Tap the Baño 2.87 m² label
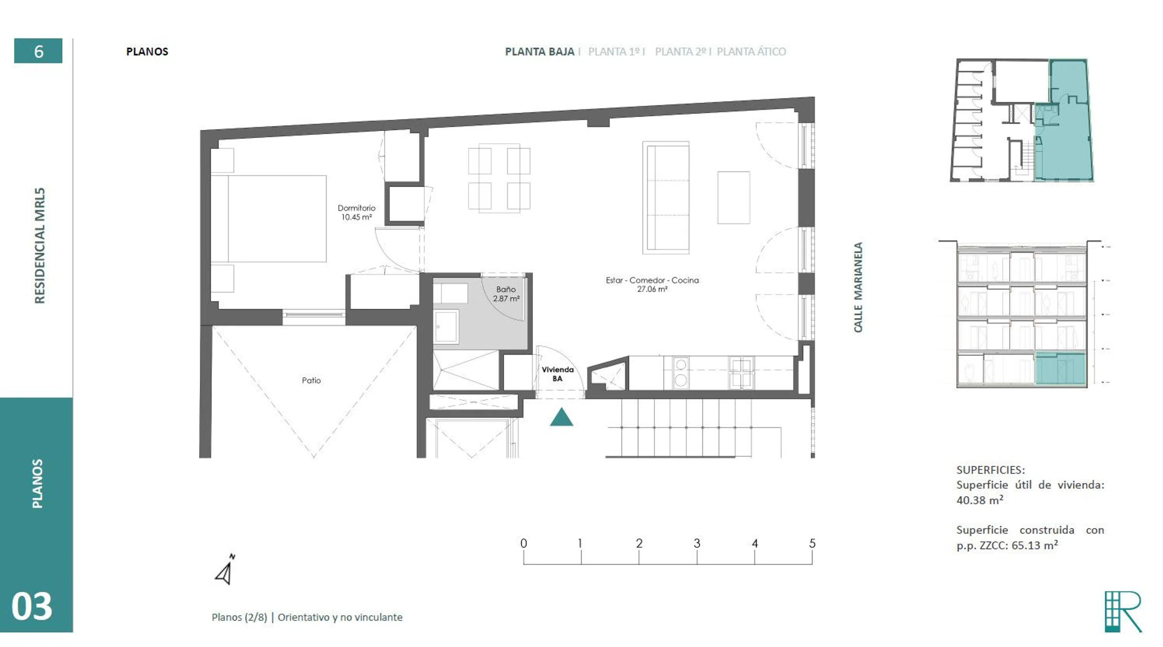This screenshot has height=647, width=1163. coord(506,294)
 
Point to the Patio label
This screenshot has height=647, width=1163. coord(311,380)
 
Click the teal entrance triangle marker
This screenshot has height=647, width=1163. coord(561,417)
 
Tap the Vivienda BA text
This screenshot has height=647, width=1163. coord(558,374)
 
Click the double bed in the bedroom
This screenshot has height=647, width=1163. coord(269,219)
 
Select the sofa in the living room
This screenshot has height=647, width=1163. coord(666,197)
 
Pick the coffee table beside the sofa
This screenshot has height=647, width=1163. coord(734,197)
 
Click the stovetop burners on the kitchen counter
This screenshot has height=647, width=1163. coord(680,373)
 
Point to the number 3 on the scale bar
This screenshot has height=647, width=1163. coord(696,543)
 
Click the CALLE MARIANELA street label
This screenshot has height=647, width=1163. coord(858,287)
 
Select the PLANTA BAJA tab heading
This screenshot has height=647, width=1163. coord(539,51)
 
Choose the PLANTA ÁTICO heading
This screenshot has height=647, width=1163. coord(751,51)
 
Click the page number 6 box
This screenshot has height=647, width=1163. coord(38,50)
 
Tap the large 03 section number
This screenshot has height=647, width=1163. coord(31,606)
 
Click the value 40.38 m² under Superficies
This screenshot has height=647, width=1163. coord(980,500)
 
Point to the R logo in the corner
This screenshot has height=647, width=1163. coord(1123,612)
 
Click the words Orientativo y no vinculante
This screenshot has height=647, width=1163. coord(340,617)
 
